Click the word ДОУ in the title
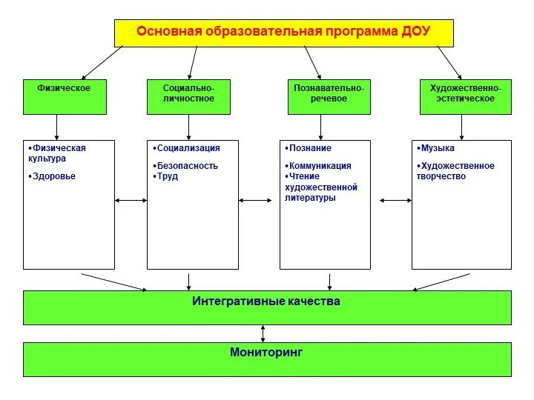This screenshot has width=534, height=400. point(415,32)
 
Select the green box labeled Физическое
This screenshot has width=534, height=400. point(65,96)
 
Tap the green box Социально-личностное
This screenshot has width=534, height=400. point(188,96)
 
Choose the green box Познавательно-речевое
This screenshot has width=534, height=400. point(329,96)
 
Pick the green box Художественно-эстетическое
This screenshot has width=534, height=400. point(466,96)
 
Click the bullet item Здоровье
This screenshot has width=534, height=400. point(54,176)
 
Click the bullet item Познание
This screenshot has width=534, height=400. point(310,148)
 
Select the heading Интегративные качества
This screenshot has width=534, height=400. point(266,301)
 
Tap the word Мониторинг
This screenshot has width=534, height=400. point(266,353)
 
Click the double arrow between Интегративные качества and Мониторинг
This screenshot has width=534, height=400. point(263,333)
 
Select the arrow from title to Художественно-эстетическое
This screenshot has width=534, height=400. point(449,62)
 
